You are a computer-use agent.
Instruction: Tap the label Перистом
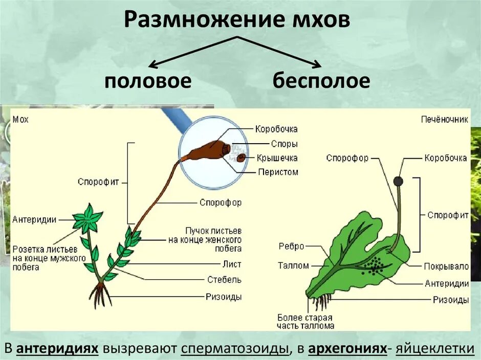(278, 172)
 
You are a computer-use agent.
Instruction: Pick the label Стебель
(224, 280)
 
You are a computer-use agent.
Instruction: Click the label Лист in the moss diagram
(232, 264)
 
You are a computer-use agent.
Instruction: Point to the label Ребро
(291, 246)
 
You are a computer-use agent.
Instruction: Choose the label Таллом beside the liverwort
(293, 265)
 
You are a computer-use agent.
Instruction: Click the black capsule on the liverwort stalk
(398, 181)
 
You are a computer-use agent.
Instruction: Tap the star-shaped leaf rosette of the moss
(88, 219)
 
